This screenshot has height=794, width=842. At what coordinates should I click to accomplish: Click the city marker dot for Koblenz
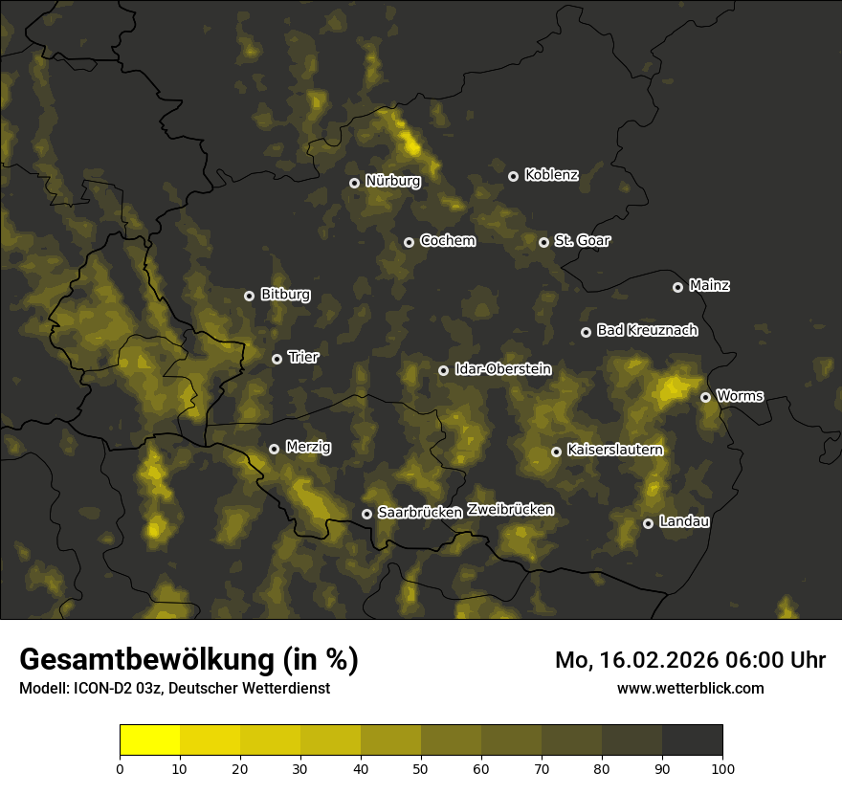click(x=513, y=176)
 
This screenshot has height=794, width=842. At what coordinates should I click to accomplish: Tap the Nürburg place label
click(x=392, y=181)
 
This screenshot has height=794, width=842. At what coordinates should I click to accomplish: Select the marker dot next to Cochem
click(x=409, y=242)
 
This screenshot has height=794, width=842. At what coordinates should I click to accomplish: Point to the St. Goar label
click(x=582, y=240)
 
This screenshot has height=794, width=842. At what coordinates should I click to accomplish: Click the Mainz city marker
click(x=677, y=287)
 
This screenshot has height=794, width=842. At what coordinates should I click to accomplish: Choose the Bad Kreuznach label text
click(x=647, y=330)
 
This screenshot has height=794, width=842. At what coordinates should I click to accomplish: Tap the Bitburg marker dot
click(x=249, y=296)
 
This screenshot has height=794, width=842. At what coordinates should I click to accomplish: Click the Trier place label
click(x=303, y=357)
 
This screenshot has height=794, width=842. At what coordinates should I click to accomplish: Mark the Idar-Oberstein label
click(x=502, y=368)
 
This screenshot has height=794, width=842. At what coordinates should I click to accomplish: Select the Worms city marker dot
click(x=705, y=397)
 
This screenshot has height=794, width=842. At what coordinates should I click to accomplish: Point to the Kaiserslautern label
click(x=614, y=450)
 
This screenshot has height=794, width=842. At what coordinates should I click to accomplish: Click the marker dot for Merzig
click(x=274, y=449)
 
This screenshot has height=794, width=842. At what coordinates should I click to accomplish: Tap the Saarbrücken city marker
click(x=366, y=514)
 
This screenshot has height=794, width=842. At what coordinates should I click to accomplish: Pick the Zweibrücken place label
click(x=510, y=510)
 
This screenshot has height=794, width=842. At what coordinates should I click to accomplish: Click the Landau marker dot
click(x=648, y=523)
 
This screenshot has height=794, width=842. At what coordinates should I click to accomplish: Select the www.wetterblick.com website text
click(x=690, y=688)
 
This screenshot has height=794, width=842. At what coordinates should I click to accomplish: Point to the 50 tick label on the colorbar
click(x=421, y=767)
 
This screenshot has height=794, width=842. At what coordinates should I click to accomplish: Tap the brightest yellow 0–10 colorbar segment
click(x=150, y=740)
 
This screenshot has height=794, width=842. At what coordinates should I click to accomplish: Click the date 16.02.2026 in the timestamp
click(x=656, y=660)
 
